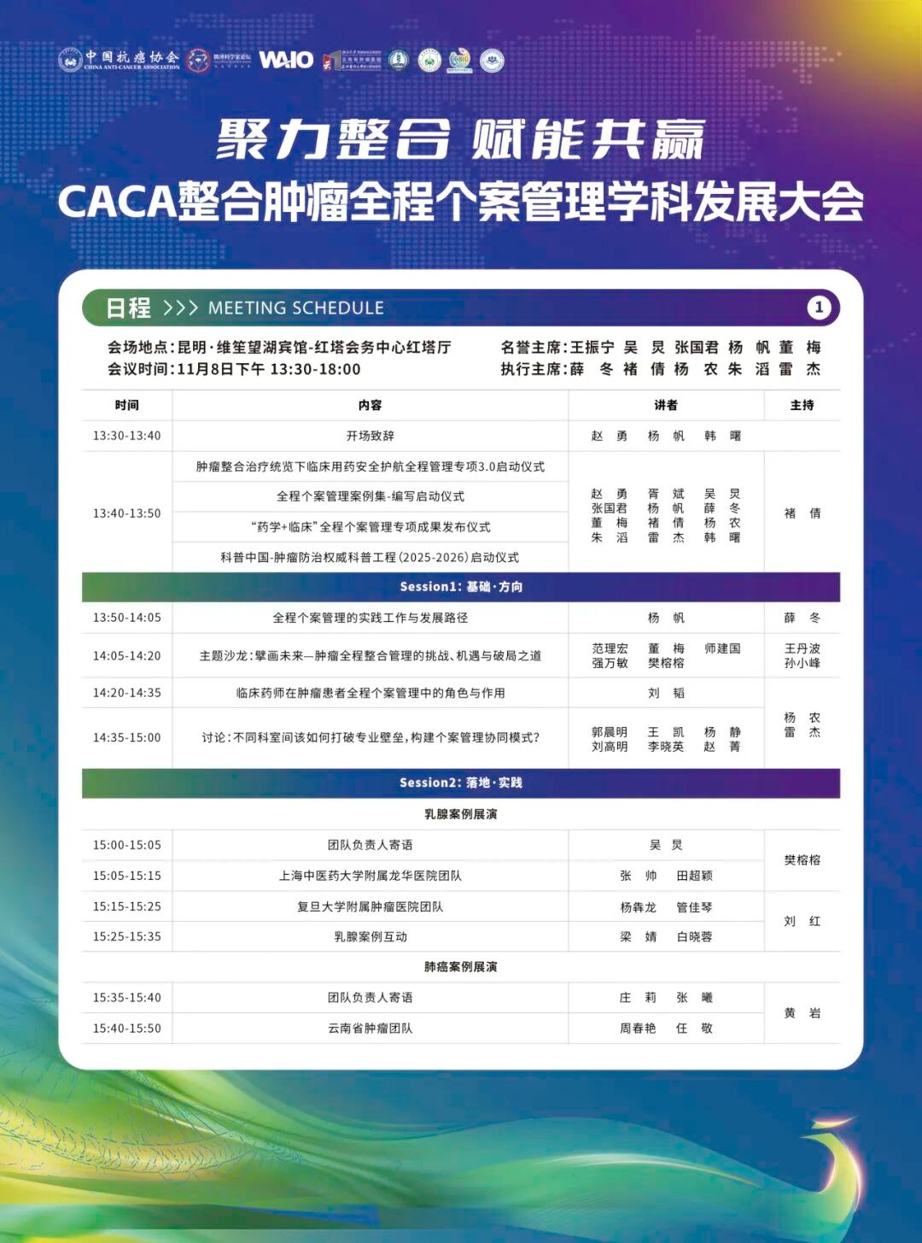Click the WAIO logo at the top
click(286, 59)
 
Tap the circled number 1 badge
click(819, 308)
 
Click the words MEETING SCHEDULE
click(295, 308)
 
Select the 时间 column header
click(126, 405)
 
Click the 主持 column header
click(802, 405)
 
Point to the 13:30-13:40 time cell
click(126, 436)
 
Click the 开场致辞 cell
click(370, 436)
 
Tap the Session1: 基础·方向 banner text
click(461, 587)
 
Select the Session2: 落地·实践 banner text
click(461, 783)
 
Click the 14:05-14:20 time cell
click(126, 656)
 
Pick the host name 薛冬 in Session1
click(802, 618)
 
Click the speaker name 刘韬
click(666, 693)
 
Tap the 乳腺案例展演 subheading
click(461, 814)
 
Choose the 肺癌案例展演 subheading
click(461, 966)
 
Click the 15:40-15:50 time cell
click(126, 1029)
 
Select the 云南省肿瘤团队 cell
click(370, 1029)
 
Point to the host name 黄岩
click(802, 1013)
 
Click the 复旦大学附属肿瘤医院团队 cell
click(370, 906)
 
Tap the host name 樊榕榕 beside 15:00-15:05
click(802, 860)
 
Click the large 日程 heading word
click(128, 308)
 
